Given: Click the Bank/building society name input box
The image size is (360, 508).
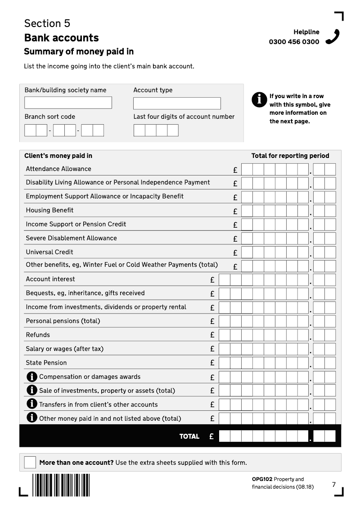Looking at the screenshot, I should point(68,103).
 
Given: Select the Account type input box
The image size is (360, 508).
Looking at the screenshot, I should point(177,103).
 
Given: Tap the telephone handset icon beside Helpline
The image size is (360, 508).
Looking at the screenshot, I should point(333,37).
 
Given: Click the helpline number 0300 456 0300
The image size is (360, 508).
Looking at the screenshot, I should point(294,42).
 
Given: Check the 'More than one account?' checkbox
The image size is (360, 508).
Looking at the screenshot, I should point(30,462).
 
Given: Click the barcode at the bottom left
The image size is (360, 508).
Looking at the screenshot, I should point(61,485).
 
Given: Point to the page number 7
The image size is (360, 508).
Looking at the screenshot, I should point(334,485).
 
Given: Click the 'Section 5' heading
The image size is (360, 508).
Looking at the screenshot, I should point(47,23).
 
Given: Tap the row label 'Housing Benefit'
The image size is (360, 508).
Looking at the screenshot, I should point(49,210).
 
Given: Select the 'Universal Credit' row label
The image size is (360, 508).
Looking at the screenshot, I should point(49,252).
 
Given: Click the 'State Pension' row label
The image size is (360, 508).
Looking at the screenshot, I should point(46,363).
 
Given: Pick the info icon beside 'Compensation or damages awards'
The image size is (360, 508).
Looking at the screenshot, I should point(32,376).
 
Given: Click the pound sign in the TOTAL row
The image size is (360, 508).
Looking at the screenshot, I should point(211,436).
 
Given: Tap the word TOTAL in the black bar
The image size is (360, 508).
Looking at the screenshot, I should point(189,436).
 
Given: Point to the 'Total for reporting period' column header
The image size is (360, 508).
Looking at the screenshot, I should point(290,156).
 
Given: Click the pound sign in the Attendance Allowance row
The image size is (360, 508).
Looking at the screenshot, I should point(235,170).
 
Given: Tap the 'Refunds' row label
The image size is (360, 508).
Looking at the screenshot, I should point(38,335).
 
